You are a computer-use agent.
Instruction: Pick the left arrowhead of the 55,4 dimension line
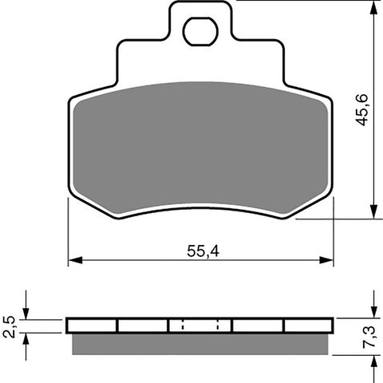point(74,260)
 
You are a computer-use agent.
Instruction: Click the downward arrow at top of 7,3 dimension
point(373,312)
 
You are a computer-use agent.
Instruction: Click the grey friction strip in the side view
point(199,342)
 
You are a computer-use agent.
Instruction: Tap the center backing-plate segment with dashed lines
point(199,326)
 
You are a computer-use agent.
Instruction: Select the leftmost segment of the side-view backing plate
point(93,326)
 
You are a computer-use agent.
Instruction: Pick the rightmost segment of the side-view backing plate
point(308,326)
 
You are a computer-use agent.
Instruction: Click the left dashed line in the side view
point(183,326)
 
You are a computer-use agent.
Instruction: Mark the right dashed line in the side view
point(219,326)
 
